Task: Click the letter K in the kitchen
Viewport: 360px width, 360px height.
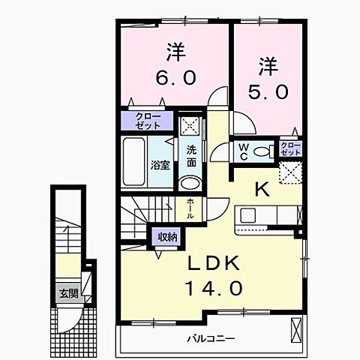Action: [x=263, y=190]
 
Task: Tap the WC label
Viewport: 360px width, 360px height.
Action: [x=244, y=150]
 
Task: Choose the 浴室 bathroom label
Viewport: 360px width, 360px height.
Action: [x=160, y=165]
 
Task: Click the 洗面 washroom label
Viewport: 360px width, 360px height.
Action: [x=191, y=155]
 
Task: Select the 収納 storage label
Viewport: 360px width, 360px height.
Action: [x=167, y=237]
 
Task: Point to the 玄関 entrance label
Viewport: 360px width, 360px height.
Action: [x=69, y=294]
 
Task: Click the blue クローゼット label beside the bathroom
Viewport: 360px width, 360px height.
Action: [x=147, y=120]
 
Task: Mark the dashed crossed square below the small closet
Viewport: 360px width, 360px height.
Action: [x=289, y=173]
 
